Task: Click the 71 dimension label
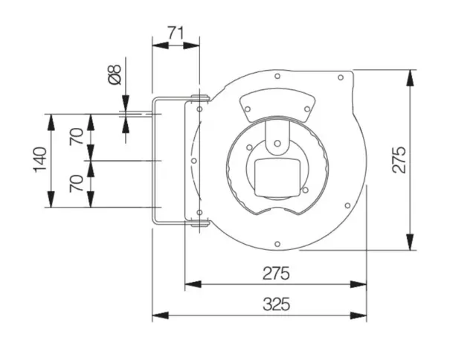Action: tap(176, 33)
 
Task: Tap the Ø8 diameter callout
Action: tap(115, 74)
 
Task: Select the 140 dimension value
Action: tap(40, 160)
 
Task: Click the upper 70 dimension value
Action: tap(76, 137)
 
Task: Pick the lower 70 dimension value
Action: tap(76, 183)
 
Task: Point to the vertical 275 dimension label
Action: tap(399, 160)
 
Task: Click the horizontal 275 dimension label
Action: tap(276, 273)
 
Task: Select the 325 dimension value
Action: tap(276, 304)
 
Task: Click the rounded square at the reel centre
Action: tap(277, 178)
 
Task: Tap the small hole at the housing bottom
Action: tap(277, 244)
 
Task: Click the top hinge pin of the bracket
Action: tap(200, 97)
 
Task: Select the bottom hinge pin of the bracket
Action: tap(200, 224)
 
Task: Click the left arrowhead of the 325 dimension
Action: tap(160, 315)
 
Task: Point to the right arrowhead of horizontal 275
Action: tap(358, 285)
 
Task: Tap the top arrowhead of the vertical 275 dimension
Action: tap(410, 77)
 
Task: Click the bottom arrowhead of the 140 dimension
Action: tap(51, 199)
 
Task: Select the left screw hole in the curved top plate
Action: tap(248, 109)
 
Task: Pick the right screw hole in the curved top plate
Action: tap(307, 109)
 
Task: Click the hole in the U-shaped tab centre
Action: tap(277, 144)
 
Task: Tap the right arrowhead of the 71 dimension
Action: tap(192, 46)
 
